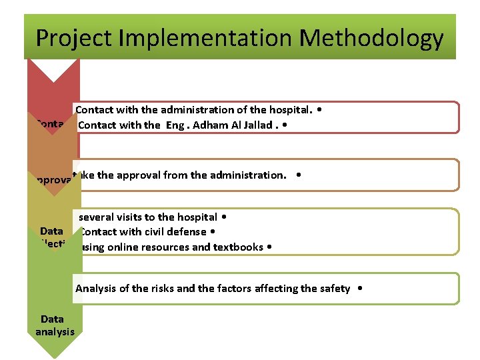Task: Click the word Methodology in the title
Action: pyautogui.click(x=371, y=38)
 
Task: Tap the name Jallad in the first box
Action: pyautogui.click(x=255, y=125)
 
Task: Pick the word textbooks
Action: pyautogui.click(x=237, y=247)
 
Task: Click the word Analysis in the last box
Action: pyautogui.click(x=95, y=289)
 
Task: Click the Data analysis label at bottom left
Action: pyautogui.click(x=55, y=325)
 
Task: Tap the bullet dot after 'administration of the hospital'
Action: pyautogui.click(x=322, y=109)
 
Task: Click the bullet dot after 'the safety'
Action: pyautogui.click(x=360, y=289)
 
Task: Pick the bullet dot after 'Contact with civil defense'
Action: pyautogui.click(x=212, y=232)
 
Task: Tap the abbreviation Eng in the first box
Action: pyautogui.click(x=173, y=125)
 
